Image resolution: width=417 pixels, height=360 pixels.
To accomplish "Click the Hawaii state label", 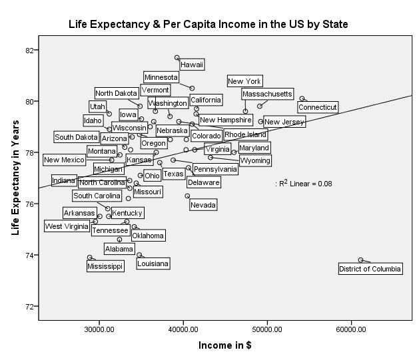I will (192, 65).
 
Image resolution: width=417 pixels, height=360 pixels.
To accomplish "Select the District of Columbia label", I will (370, 269).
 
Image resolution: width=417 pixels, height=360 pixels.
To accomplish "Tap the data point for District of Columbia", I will (360, 260).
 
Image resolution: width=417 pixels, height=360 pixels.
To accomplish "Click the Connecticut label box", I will (318, 107).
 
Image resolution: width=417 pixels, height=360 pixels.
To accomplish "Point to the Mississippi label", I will (105, 266).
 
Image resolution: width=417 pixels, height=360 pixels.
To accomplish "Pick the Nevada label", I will (203, 205).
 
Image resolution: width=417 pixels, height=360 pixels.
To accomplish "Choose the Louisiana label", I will (153, 264).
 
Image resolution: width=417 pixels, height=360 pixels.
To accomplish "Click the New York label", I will (244, 81).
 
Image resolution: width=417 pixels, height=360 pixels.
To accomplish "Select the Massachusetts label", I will (267, 94).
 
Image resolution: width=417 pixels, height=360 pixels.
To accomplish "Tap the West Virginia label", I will (67, 226).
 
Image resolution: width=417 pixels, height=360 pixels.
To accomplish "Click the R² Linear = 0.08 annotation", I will (304, 183).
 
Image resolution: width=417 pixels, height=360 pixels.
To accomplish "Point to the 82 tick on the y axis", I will (29, 50).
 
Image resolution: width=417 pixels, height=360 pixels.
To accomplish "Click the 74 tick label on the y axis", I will (29, 255).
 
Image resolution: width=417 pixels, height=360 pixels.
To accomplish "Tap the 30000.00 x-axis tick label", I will (98, 329).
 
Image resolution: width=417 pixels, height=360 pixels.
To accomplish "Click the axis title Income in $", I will (224, 345).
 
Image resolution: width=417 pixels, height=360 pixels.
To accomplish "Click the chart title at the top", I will (209, 25).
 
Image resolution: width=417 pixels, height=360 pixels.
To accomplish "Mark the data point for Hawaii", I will (177, 58).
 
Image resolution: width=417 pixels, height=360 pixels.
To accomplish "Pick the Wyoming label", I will (254, 160).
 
